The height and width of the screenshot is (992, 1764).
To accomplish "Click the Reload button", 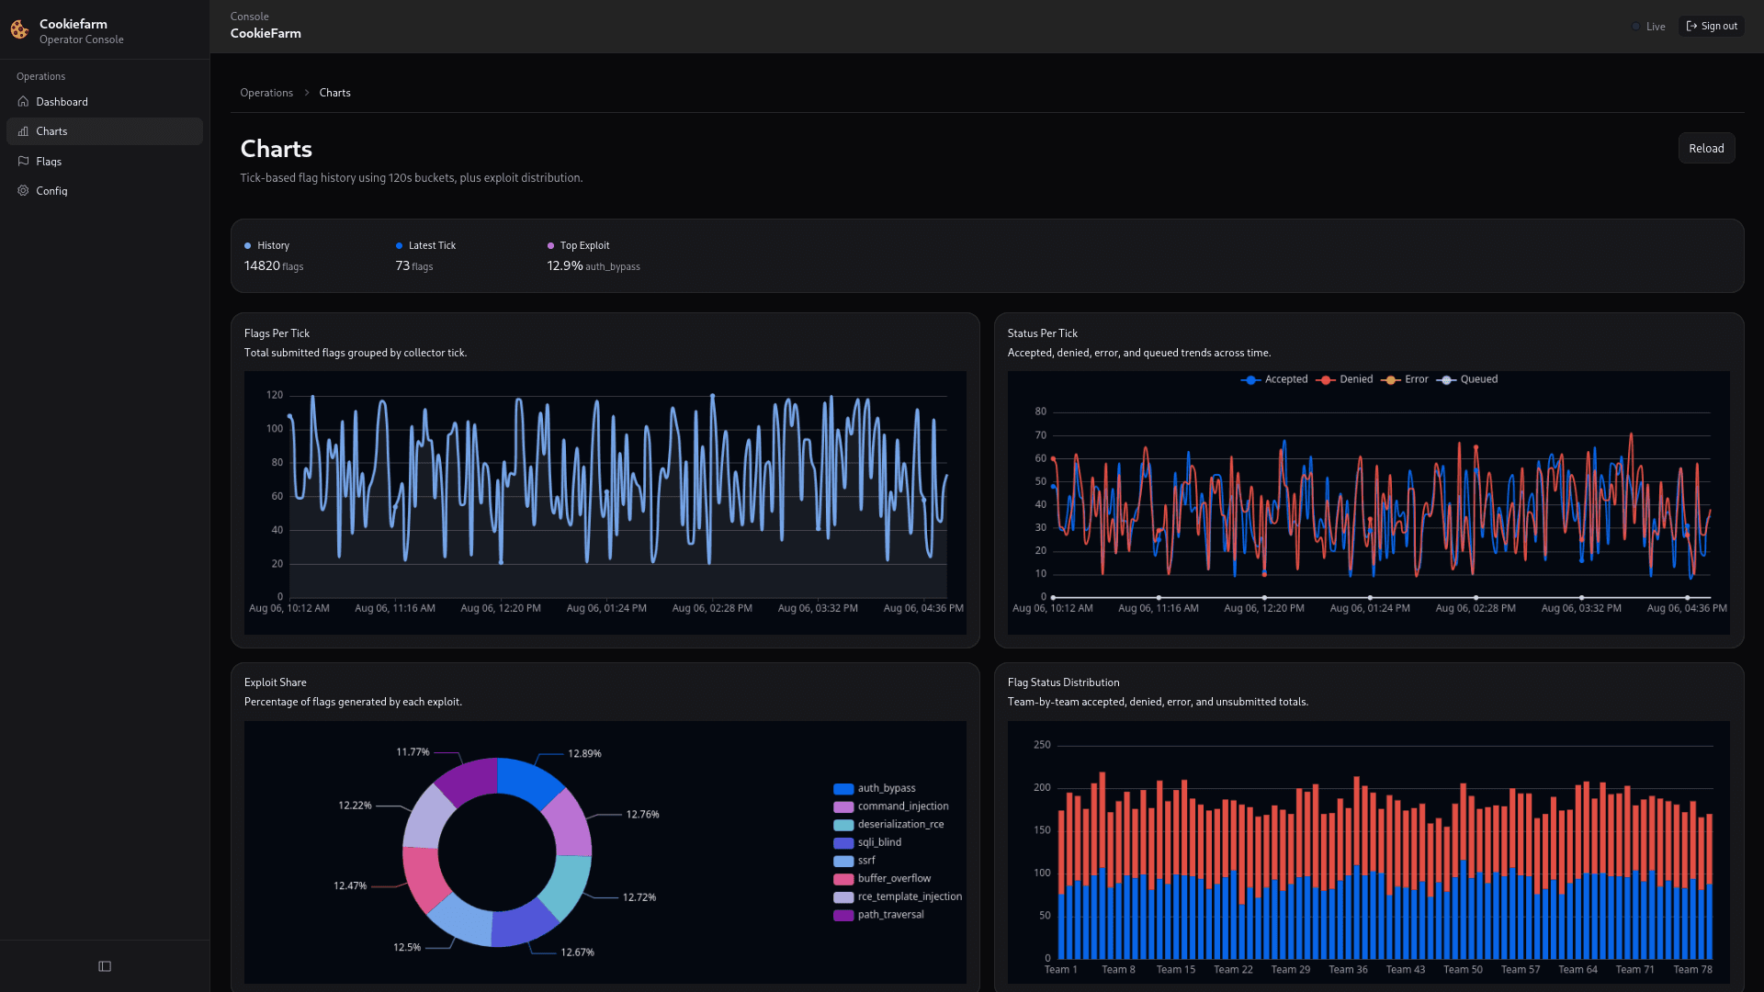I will coord(1706,149).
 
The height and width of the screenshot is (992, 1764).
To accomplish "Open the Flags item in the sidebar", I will coord(49,162).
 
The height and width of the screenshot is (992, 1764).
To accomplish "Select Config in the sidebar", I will coord(51,191).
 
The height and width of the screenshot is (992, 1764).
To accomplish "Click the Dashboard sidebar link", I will coord(62,102).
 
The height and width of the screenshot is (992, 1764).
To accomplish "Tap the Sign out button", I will coord(1712,27).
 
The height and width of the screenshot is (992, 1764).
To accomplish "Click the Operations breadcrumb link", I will coord(266,93).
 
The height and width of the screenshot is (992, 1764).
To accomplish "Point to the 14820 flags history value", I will coord(273,265).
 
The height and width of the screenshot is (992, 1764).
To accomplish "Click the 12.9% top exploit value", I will coord(565,265).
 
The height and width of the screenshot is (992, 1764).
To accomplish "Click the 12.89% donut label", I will coord(584,754).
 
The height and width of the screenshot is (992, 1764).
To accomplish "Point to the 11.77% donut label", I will coord(413,752).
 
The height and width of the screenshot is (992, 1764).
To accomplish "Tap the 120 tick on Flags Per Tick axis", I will coord(275,395).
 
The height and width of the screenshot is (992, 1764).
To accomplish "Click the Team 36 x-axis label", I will coord(1348,970).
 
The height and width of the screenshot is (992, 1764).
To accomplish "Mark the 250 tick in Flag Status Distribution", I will coord(1042,745).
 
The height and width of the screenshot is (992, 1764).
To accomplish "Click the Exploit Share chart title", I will coord(276,682).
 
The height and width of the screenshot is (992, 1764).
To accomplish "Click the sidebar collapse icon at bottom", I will coord(105,966).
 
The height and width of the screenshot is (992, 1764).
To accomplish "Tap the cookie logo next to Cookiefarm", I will coord(19,30).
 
